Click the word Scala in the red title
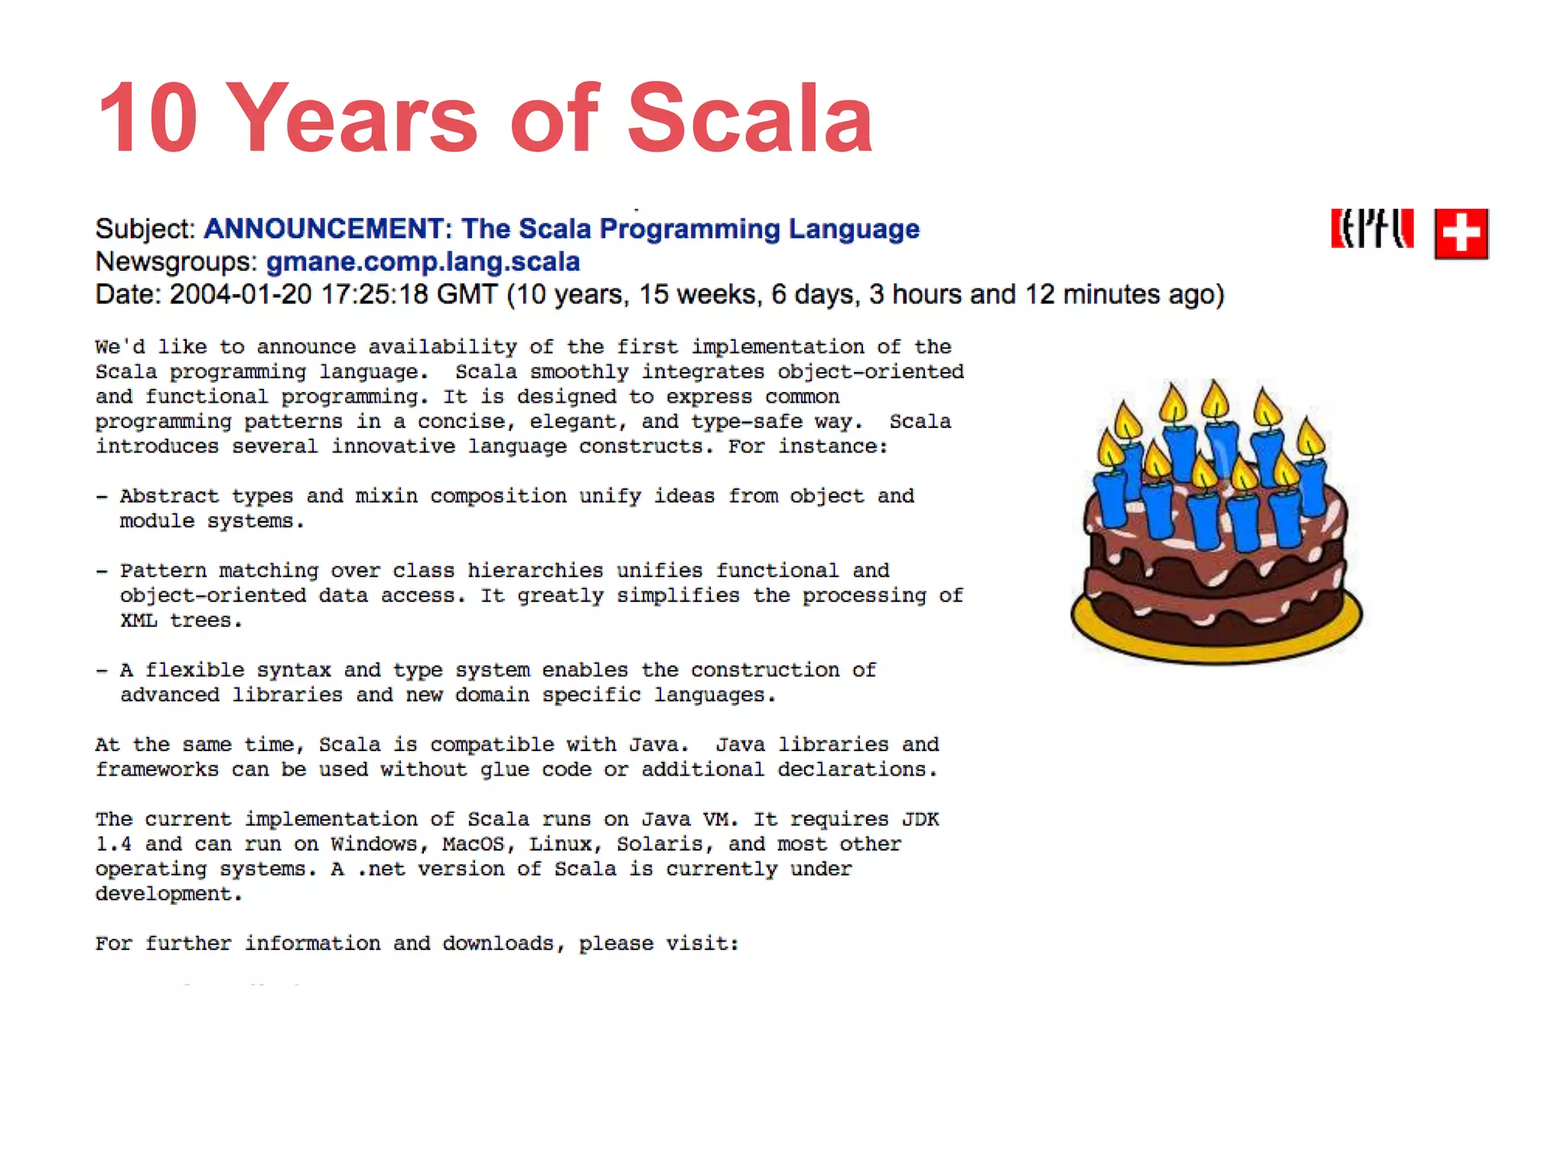750,119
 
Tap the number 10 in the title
148,119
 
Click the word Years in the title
352,119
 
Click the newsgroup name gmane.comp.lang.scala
423,262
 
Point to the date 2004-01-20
240,295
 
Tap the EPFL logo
1372,229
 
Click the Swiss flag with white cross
1461,234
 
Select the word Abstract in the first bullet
169,496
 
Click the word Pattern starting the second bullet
163,571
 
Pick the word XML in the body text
138,621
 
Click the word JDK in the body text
920,820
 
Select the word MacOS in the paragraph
474,844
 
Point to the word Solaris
660,844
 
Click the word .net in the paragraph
380,870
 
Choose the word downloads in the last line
498,944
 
